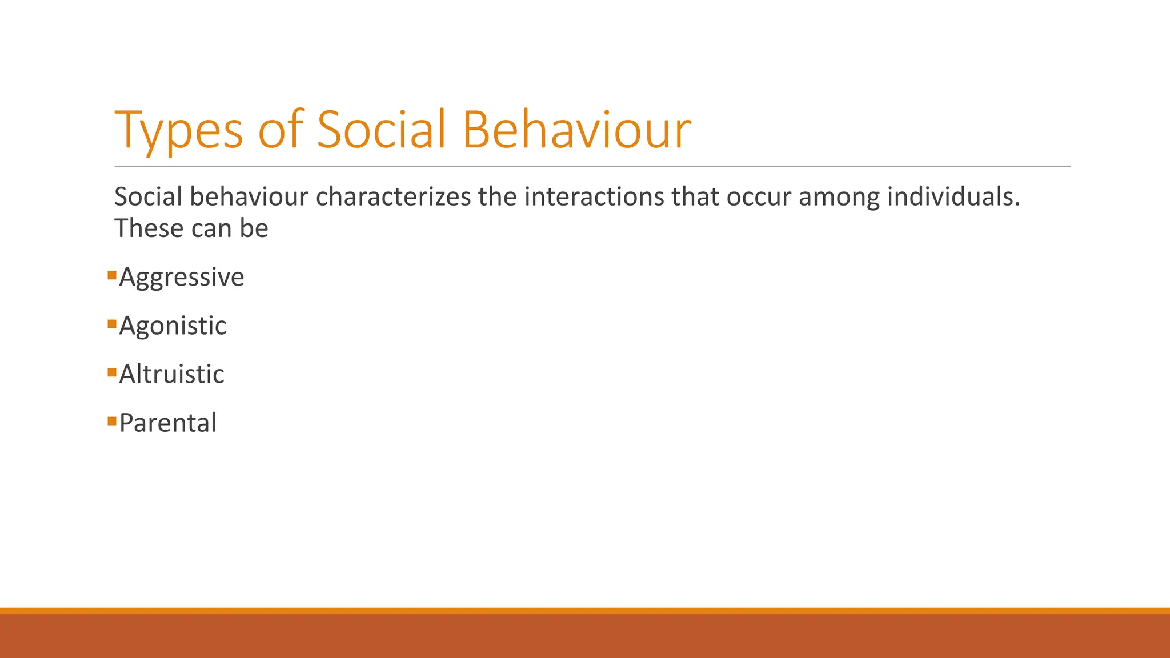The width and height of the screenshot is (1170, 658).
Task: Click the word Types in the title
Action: coord(179,130)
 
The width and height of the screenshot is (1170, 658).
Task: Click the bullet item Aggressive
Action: coord(182,278)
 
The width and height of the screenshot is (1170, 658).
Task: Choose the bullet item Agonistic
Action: coord(173,326)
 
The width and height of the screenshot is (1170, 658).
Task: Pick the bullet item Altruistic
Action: coord(171,375)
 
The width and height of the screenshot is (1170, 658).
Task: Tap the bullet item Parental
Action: coord(167,423)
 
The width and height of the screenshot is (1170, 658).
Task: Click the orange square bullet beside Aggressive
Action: coord(112,276)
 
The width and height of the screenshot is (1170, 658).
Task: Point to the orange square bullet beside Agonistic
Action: coord(112,324)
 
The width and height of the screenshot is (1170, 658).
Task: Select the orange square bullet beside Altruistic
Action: coord(112,373)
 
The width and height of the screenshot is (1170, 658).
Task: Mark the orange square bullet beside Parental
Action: coord(112,422)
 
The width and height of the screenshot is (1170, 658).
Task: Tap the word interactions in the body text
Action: coord(594,197)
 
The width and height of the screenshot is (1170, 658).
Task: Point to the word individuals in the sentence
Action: coord(953,197)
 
